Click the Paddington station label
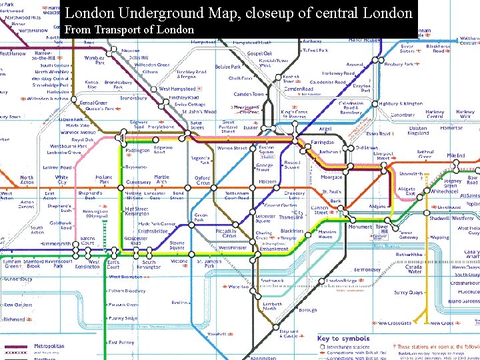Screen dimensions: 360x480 coord(138,151)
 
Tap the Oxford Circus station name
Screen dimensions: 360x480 coord(202,181)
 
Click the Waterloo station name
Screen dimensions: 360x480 coord(238,287)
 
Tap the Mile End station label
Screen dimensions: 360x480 coord(456,156)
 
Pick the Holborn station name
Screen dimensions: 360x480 coord(267,181)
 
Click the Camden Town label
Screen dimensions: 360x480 coord(249,95)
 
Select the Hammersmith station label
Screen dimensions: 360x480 coord(55,245)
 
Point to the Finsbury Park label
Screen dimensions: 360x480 coord(399,65)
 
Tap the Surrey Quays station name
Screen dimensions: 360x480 coord(409,293)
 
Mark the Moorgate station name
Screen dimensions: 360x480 coord(331,178)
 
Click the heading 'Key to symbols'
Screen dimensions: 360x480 coord(343,339)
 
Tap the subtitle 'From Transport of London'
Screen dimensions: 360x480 coord(129,29)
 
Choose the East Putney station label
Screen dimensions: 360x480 coord(121,343)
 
